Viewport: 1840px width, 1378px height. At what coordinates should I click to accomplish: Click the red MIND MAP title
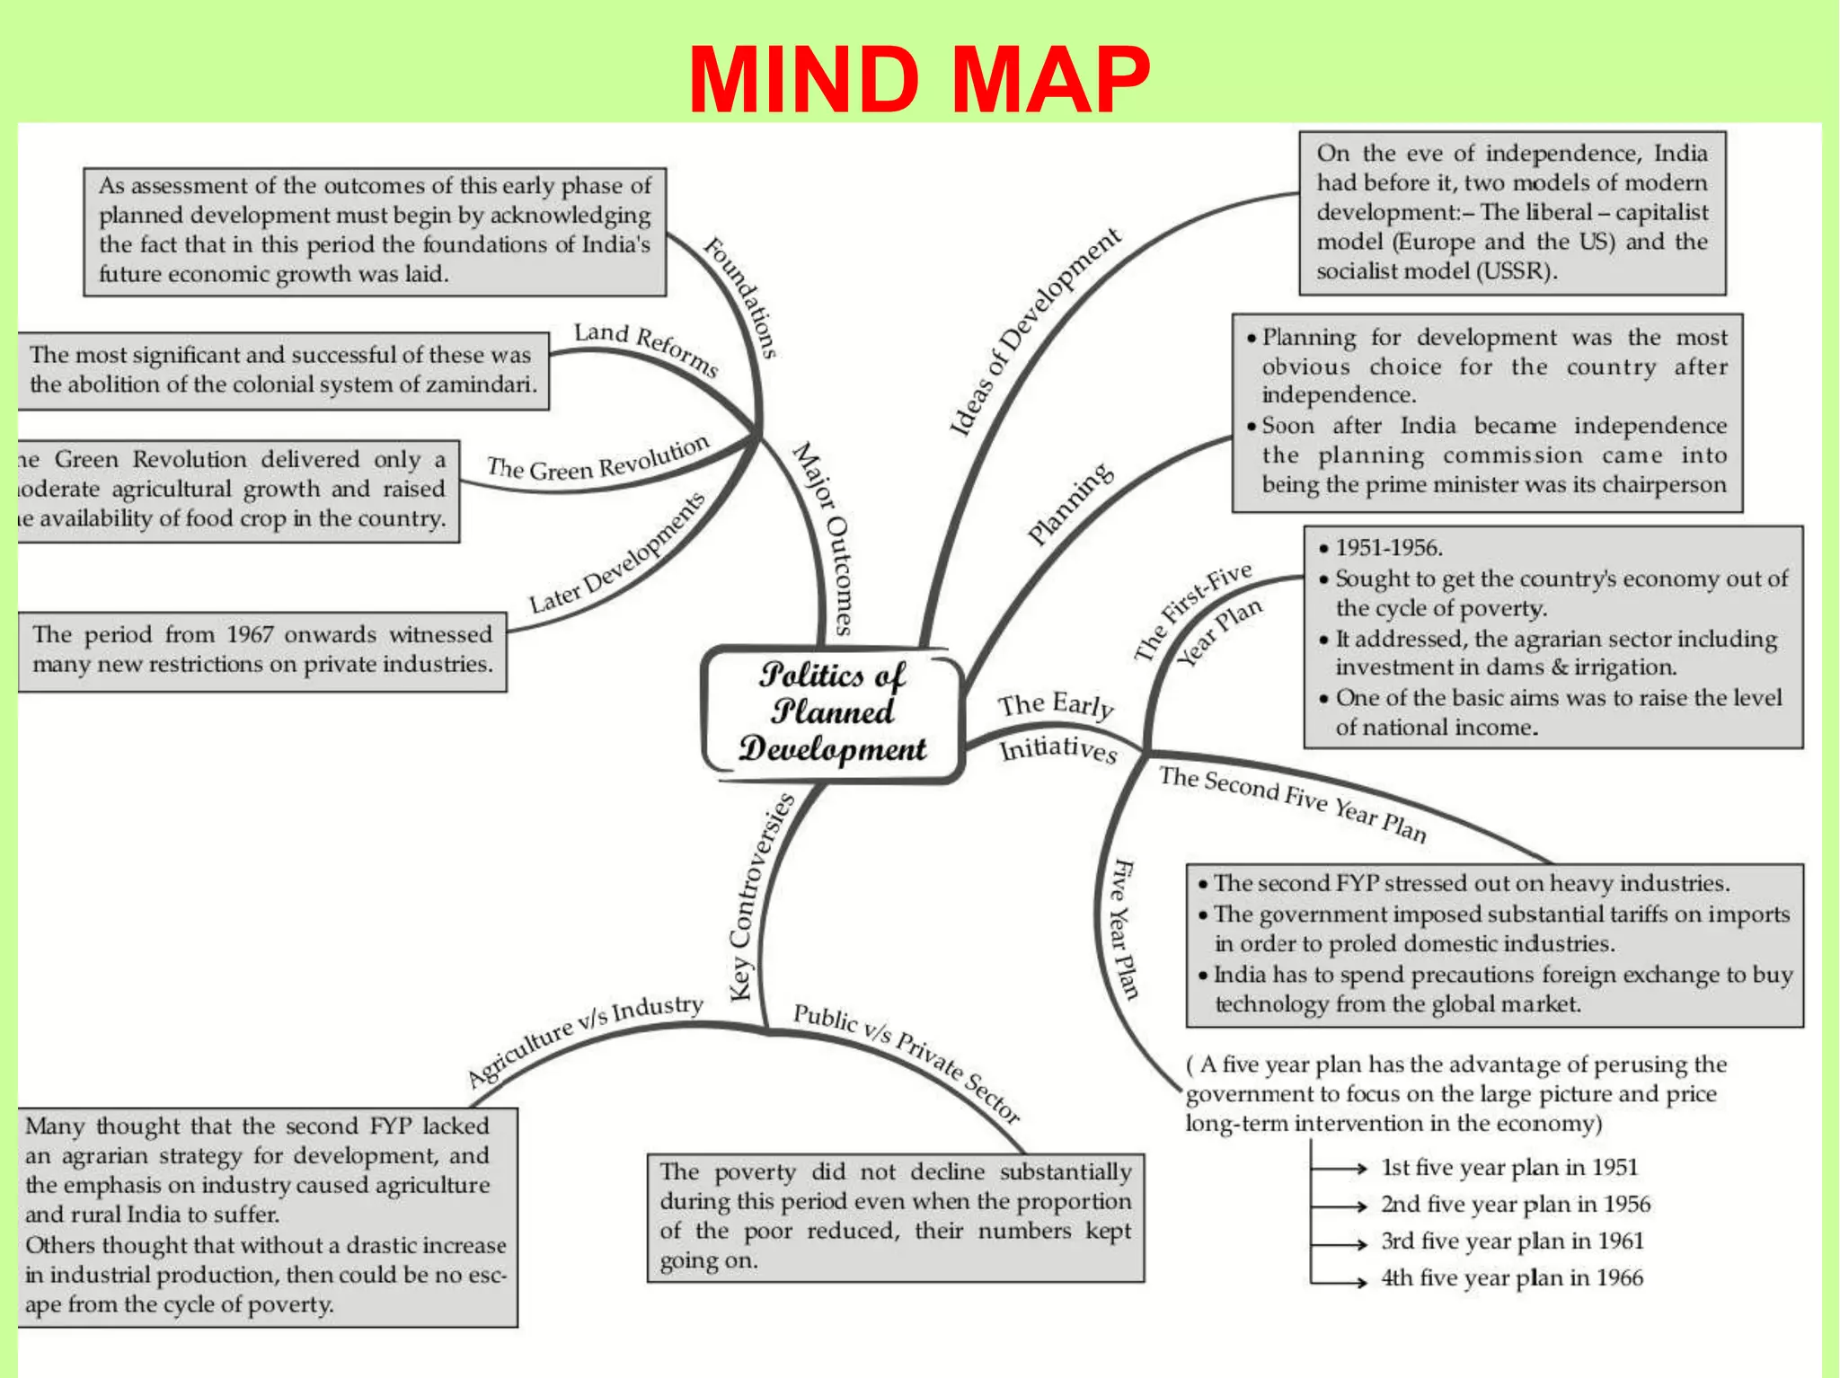(918, 79)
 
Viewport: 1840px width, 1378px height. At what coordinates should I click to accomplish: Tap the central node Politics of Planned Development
(832, 712)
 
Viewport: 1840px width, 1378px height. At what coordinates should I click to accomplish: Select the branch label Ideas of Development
(1034, 331)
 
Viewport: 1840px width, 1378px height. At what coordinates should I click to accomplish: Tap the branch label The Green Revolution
(597, 460)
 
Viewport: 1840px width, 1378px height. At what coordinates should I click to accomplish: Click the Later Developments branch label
(616, 554)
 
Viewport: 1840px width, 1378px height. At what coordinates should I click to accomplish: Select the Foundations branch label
(740, 297)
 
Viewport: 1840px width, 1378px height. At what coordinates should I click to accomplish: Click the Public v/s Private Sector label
(907, 1063)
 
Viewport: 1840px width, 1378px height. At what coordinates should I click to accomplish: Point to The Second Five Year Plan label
(1292, 803)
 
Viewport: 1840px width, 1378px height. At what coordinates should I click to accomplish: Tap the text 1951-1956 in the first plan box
(1388, 547)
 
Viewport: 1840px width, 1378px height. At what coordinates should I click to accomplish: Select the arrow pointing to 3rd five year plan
(1339, 1243)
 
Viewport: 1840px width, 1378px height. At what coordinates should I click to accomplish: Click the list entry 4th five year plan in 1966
(1512, 1277)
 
